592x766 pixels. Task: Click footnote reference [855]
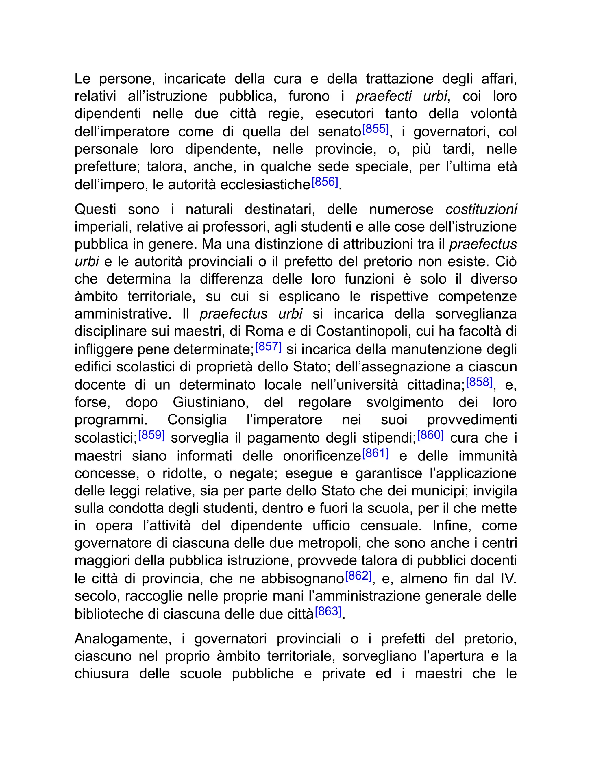point(375,129)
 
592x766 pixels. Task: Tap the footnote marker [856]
point(325,182)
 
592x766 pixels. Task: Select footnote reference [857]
point(268,347)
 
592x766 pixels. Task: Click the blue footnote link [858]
point(479,382)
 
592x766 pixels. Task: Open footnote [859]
point(151,435)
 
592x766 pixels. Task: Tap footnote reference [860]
point(430,435)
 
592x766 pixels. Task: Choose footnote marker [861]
point(375,454)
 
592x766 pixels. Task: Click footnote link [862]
point(358,576)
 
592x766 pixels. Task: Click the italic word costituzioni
point(481,209)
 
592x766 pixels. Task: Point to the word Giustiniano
point(211,402)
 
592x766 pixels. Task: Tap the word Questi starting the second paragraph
point(95,209)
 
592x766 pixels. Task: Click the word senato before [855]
point(339,132)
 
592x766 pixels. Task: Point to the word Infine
point(452,526)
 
